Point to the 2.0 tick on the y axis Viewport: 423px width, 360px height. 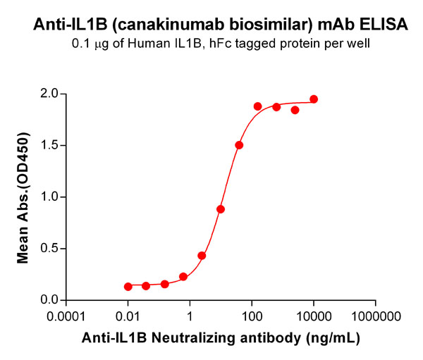49,94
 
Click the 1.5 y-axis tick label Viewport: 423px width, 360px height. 49,146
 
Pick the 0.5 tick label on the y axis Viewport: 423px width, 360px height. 49,249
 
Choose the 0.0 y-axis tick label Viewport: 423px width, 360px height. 49,300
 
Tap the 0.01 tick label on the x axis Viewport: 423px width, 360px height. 128,316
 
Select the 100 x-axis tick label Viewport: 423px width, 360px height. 250,316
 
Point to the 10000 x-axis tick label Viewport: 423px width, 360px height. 312,316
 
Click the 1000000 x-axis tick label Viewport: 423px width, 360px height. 374,316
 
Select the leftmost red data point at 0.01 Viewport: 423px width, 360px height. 128,287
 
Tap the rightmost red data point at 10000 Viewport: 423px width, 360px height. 314,99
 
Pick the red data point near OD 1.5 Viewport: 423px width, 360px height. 239,145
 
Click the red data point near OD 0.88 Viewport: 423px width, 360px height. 221,209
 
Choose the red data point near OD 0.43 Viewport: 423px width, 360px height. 202,256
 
